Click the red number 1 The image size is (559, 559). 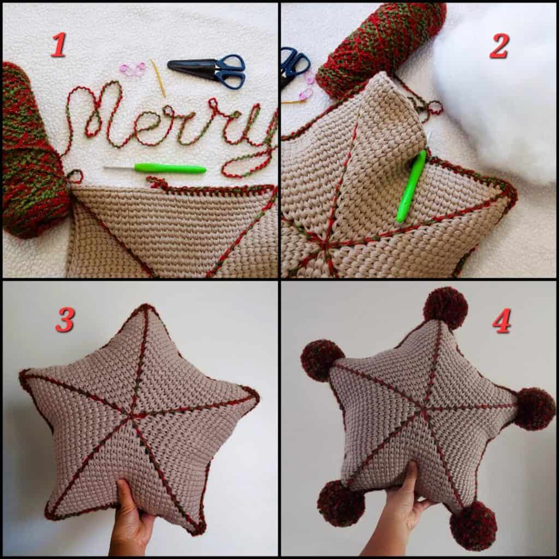(58, 45)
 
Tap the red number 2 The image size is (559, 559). (499, 46)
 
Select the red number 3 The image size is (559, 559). (66, 319)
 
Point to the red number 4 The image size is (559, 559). (502, 320)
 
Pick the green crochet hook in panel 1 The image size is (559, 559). (155, 168)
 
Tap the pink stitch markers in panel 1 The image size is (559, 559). (133, 69)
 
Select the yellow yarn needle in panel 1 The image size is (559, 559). (158, 78)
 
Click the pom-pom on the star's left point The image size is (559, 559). (322, 360)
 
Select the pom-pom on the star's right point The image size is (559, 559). (534, 408)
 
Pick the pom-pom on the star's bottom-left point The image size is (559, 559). (341, 503)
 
